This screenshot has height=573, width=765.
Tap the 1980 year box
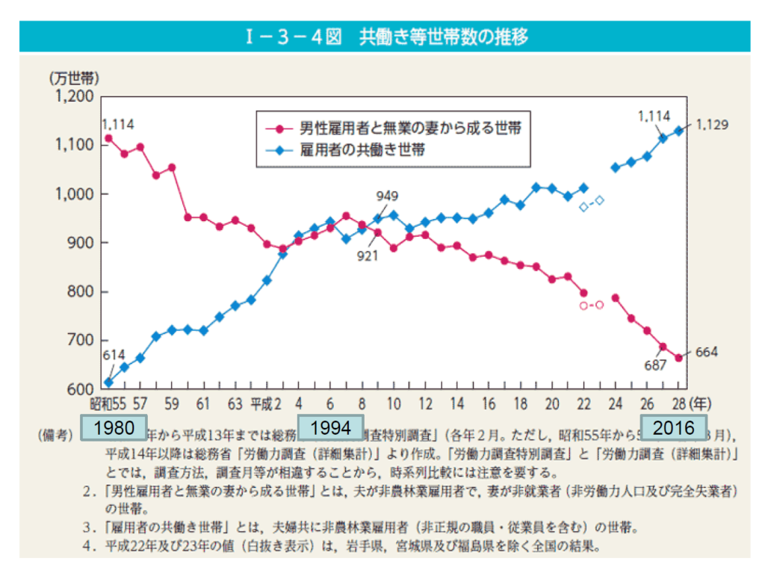coord(114,428)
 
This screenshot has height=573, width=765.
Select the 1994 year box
coord(330,428)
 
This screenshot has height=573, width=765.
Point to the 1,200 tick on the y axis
coord(72,96)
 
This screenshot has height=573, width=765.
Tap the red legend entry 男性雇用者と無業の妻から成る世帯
coord(399,128)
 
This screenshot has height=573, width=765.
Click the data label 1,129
coord(711,124)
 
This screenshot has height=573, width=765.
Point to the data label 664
coord(706,352)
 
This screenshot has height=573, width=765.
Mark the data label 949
coord(387,196)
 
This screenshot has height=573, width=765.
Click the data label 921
coord(367,255)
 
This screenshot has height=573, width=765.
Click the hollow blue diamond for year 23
coord(599,200)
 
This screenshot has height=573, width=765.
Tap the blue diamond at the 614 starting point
coord(108,382)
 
